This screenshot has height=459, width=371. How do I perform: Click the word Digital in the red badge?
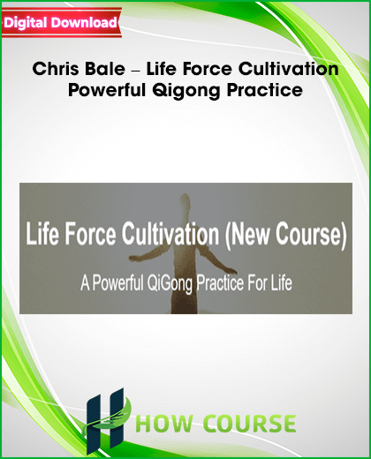point(25,23)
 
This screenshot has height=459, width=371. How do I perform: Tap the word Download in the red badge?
point(84,23)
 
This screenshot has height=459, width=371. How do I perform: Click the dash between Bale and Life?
point(136,71)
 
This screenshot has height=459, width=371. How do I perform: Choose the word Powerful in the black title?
point(107,90)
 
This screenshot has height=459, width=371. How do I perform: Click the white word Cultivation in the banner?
point(170,234)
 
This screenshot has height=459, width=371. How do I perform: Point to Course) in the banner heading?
point(311,235)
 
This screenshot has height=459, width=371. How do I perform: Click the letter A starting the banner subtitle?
point(85,283)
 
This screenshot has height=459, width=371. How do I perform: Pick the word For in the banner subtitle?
point(258,283)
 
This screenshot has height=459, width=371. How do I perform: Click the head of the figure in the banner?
point(185,201)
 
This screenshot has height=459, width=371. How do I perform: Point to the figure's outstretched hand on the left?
point(135,259)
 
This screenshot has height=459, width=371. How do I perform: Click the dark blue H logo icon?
point(105,419)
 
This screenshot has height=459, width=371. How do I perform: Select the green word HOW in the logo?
point(165,424)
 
